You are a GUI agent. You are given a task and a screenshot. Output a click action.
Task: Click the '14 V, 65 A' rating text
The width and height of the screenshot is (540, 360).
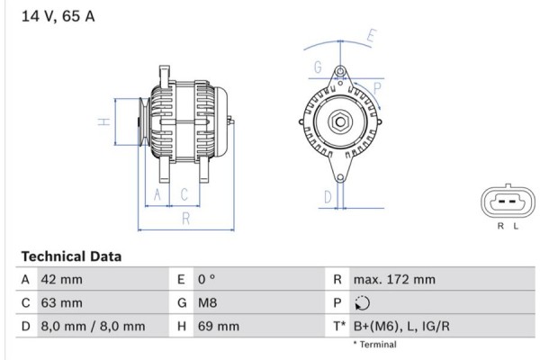click(52, 16)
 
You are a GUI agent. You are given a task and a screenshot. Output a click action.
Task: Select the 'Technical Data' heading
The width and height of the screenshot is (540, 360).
click(70, 256)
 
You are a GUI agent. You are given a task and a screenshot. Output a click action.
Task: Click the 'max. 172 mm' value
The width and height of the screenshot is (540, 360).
click(394, 280)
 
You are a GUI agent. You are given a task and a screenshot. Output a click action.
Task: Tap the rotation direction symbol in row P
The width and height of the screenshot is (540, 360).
click(362, 303)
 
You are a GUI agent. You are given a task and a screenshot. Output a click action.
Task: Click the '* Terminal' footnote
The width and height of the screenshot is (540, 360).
click(374, 345)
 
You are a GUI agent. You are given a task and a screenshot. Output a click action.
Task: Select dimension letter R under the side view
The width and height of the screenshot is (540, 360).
click(184, 218)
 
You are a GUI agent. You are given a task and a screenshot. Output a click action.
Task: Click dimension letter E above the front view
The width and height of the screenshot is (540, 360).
click(371, 38)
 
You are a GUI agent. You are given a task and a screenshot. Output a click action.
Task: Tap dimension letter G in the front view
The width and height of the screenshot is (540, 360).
click(318, 67)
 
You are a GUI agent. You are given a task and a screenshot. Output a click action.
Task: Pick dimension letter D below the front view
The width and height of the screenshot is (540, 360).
click(328, 196)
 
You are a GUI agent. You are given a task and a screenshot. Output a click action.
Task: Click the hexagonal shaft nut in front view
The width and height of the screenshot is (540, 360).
click(339, 121)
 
